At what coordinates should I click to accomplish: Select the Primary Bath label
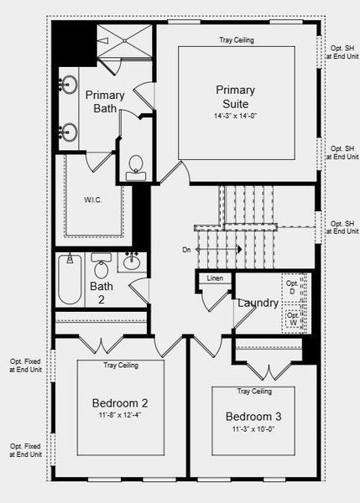tap(107, 101)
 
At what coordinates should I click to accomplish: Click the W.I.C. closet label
tap(93, 200)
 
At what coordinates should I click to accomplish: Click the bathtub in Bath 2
tap(70, 279)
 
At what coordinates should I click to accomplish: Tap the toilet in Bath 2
tap(102, 267)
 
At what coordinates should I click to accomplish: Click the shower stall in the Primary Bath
tap(124, 42)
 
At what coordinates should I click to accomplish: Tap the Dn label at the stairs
tap(186, 249)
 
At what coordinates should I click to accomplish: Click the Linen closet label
tap(215, 277)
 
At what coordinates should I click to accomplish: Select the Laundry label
tap(257, 303)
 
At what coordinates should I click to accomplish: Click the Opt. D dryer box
tap(292, 288)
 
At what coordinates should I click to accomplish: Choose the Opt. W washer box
tap(292, 319)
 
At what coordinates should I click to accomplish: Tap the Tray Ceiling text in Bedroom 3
tap(253, 392)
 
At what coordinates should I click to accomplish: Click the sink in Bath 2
tap(131, 262)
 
